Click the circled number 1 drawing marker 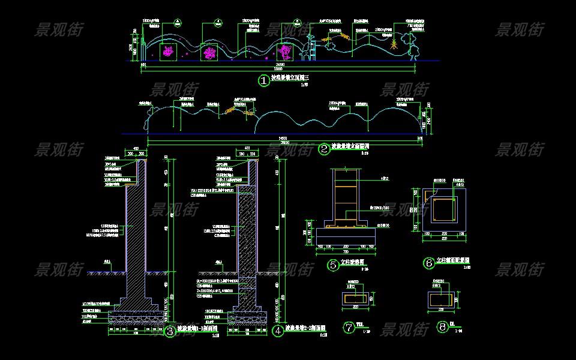(x=263, y=80)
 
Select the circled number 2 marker (x=325, y=149)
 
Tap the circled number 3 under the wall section (x=170, y=330)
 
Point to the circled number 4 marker (x=277, y=330)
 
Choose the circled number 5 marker (x=333, y=265)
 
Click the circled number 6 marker (x=428, y=263)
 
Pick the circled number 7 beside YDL (x=349, y=327)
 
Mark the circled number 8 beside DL (x=443, y=327)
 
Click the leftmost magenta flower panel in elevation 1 (x=168, y=52)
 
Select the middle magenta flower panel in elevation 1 (x=210, y=53)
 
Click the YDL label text (x=360, y=325)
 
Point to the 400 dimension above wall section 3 (x=136, y=148)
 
